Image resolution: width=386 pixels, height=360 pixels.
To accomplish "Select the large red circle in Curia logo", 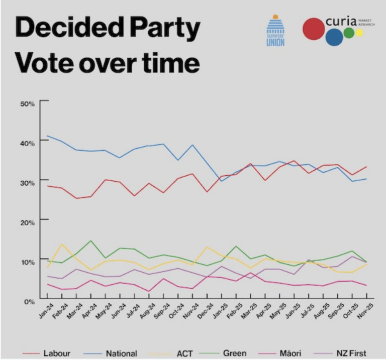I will [x=313, y=28].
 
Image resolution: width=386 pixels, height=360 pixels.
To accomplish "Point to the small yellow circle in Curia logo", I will [x=359, y=33].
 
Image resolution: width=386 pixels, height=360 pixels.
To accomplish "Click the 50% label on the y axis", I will [x=27, y=103].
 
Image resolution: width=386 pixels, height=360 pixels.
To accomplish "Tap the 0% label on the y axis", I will [x=29, y=301].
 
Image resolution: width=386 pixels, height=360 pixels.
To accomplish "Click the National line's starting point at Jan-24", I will [x=48, y=136].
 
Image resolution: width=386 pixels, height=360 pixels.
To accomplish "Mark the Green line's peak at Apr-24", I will [x=91, y=241].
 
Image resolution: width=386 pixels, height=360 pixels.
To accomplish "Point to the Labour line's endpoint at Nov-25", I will [x=365, y=167].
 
